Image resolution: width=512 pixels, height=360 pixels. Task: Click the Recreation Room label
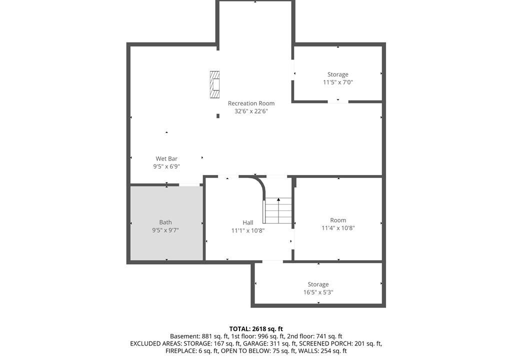251,103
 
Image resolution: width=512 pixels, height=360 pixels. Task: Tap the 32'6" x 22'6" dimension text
251,111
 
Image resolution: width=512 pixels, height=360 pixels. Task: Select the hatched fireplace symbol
214,84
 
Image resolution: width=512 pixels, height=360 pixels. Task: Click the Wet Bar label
166,158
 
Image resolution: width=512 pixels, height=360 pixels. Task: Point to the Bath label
165,222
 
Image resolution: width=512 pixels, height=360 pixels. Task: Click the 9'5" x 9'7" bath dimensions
165,230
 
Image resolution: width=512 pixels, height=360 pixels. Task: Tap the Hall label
248,222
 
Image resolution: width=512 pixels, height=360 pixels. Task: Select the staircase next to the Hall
277,210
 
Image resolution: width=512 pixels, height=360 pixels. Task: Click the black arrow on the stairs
278,199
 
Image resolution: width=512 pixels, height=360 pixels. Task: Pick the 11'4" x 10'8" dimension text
338,228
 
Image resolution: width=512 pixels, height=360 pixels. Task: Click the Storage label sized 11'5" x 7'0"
338,74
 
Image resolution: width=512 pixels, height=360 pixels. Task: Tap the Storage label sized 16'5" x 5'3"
318,284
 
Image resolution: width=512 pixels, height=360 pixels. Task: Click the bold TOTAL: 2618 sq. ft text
256,329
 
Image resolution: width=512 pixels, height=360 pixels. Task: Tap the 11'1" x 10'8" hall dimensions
248,230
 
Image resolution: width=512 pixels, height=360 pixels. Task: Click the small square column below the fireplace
218,116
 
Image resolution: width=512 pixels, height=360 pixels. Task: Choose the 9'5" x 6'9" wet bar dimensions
166,166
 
